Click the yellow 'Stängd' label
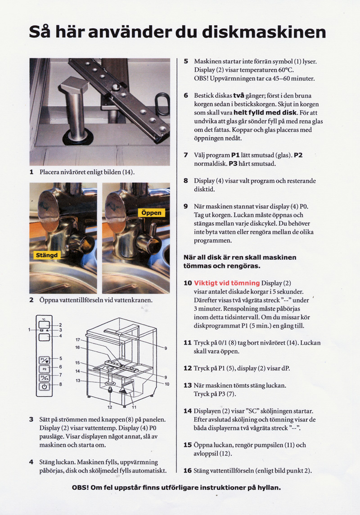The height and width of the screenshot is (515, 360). [x=46, y=255]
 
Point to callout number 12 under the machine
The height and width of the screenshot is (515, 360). [x=110, y=407]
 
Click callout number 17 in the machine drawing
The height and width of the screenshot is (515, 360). [x=77, y=340]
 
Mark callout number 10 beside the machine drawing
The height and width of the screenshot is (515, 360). [x=166, y=384]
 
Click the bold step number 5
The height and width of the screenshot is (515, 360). [x=186, y=61]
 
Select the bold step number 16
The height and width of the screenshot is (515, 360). [x=188, y=470]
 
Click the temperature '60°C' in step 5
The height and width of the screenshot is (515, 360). [x=283, y=70]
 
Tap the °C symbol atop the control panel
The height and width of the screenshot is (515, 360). [x=44, y=319]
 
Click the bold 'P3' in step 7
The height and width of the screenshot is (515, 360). [x=236, y=164]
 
